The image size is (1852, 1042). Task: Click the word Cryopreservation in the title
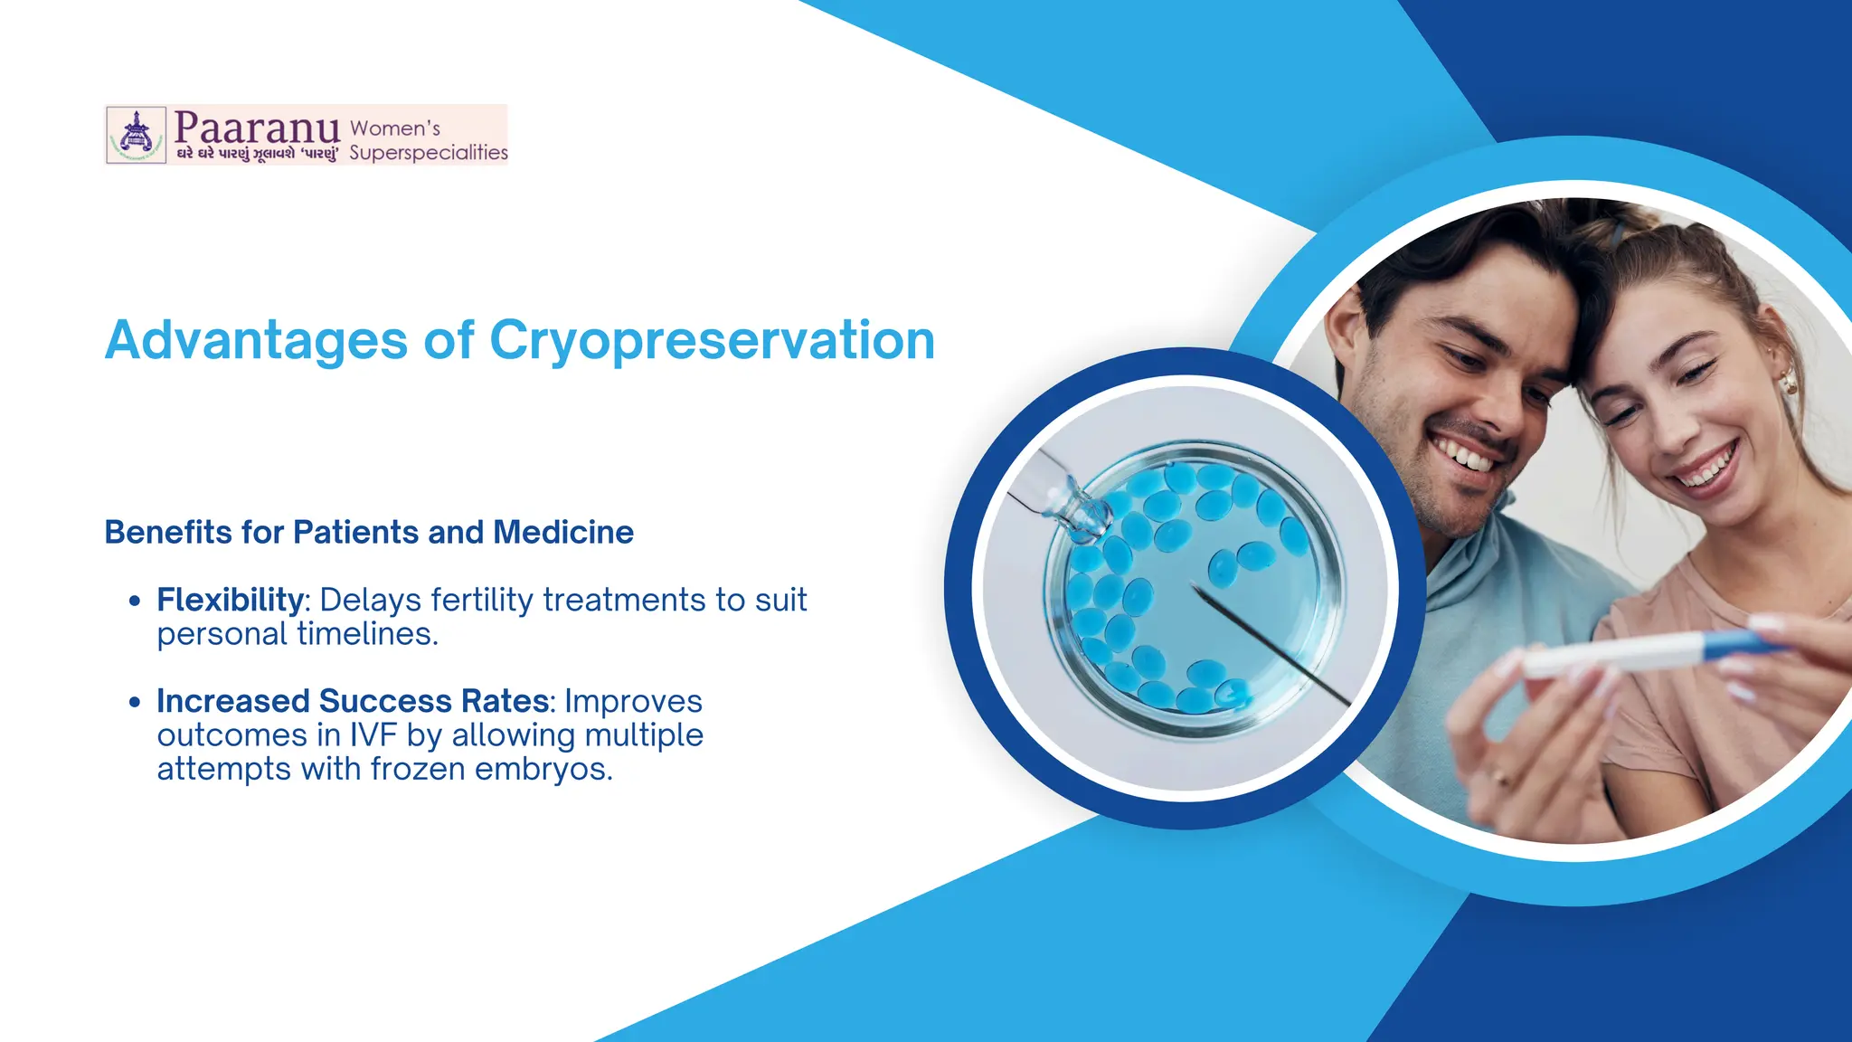712,341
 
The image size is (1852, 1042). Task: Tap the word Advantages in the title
256,341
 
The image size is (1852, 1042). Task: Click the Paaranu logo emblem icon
137,135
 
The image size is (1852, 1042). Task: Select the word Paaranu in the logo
257,127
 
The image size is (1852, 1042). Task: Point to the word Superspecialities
429,152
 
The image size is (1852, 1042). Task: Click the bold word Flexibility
231,600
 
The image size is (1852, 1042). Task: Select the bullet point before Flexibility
135,601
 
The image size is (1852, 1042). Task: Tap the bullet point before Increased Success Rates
135,702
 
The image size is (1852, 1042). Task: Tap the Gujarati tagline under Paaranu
257,154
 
